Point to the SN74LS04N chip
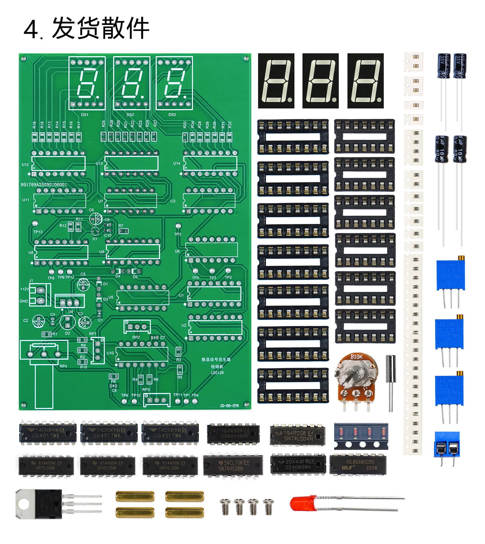298,436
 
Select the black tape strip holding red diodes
361,436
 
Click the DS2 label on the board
130,115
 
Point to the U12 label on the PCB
25,164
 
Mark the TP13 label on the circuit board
38,232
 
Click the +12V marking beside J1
24,289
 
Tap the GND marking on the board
24,301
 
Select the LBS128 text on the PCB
217,373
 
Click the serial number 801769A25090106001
44,184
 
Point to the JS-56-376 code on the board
229,405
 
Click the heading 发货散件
100,28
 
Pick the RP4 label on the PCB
63,366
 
